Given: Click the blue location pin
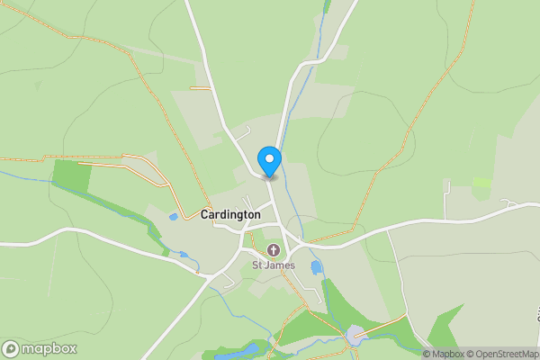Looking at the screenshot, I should coord(269,160).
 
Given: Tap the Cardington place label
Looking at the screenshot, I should coord(230,215).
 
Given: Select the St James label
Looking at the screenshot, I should coord(273,265).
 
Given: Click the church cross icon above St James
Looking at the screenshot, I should coord(273,249).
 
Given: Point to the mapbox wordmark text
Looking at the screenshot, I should coord(49,348).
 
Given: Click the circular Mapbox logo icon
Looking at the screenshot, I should coord(12,348).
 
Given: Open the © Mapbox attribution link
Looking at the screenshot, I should coord(444,354).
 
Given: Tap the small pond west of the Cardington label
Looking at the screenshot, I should coord(173,217).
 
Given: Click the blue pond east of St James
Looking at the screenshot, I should coord(316,267).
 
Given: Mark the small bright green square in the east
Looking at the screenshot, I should coord(482,182).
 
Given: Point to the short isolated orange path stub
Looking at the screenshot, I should coord(200,87).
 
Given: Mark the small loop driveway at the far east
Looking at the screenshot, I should coord(515,204).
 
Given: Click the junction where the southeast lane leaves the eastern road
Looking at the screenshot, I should coord(388,229).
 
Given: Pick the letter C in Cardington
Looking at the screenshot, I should coord(205,215).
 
